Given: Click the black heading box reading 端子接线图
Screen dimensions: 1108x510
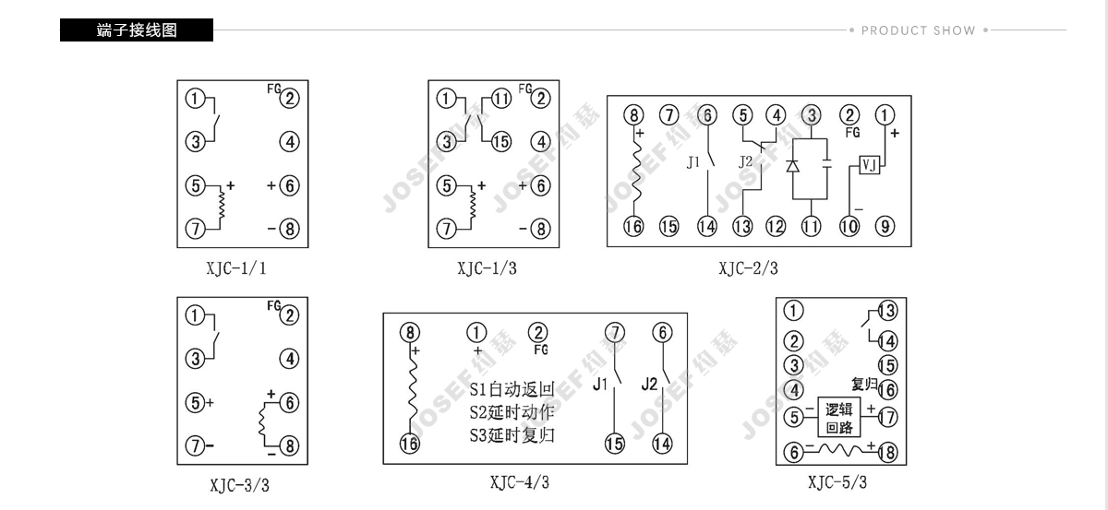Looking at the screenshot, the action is coord(137,30).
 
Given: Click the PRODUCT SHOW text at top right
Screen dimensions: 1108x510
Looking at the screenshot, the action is coord(918,30).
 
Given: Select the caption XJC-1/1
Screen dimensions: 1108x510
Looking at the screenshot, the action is coord(236,268).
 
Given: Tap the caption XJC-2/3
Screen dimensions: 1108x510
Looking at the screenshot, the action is coord(748,268).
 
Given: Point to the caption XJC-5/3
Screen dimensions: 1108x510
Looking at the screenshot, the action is coord(837,481).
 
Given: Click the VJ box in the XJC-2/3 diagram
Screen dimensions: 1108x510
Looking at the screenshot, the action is coord(870,164).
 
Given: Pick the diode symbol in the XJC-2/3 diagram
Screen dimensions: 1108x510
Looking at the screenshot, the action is coord(793,166).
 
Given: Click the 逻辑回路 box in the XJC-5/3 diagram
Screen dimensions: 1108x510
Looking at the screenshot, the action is coord(839,417).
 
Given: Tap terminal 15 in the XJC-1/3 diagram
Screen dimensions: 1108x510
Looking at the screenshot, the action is coord(500,142).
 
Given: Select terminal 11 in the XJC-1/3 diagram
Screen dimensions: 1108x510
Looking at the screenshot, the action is coord(501,99).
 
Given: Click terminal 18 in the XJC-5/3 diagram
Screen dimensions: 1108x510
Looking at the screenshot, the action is coord(888,452).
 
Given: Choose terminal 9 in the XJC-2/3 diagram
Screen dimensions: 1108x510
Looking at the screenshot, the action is coord(885,226).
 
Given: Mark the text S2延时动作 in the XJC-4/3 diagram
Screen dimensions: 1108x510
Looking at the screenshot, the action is coord(512,412).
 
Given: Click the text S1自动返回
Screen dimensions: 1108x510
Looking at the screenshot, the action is coord(512,389).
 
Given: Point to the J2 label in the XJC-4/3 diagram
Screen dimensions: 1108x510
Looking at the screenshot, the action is coord(649,384).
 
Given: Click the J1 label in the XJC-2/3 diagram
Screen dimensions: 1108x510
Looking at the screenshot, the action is coord(693,162).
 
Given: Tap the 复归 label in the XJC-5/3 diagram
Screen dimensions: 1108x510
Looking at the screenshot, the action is coord(864,384).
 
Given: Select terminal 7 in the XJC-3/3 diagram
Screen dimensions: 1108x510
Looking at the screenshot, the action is coord(195,445).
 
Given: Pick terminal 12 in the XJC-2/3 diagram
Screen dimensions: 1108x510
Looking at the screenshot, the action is coord(775,226).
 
